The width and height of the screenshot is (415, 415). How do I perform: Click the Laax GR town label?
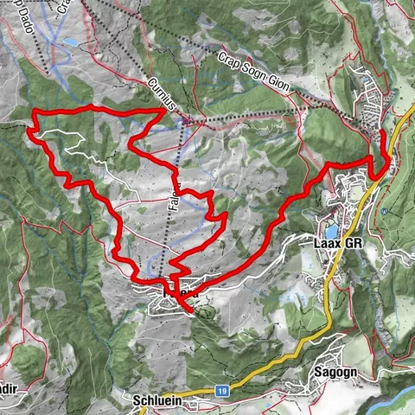click(333, 243)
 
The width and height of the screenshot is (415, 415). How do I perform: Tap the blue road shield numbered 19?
click(221, 391)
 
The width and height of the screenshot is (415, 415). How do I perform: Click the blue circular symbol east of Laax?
click(382, 211)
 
